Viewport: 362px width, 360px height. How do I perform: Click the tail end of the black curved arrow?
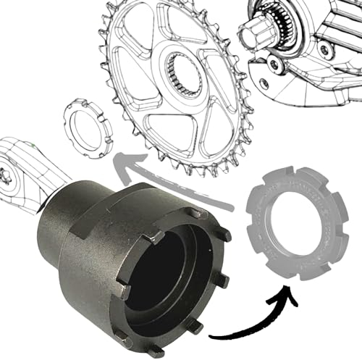[211, 335]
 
